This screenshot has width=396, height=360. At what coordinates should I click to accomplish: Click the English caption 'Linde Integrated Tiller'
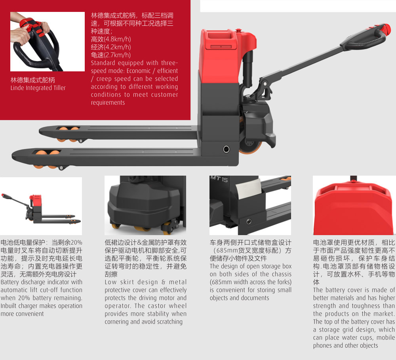click(38, 88)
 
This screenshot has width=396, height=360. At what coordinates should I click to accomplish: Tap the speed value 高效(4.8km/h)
click(111, 39)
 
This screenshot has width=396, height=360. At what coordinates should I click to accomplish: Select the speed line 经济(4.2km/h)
click(111, 47)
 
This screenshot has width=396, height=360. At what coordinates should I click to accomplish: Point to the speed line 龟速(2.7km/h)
click(111, 55)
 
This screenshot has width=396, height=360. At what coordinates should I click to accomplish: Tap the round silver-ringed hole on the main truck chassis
click(226, 149)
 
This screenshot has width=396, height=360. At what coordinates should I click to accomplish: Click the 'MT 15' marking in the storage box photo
click(219, 179)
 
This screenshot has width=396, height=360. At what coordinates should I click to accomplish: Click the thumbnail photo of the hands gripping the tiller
click(48, 42)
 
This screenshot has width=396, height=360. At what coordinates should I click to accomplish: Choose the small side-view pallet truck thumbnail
click(41, 206)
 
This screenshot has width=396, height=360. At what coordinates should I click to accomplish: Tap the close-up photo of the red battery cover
click(354, 205)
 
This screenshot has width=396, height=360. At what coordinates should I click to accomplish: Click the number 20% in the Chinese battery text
click(76, 242)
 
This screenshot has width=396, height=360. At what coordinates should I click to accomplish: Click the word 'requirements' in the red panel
click(108, 103)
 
